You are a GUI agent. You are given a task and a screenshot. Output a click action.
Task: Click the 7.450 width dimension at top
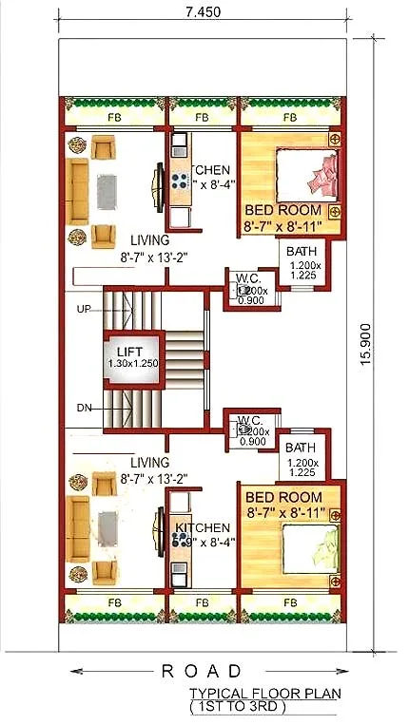pos(204,10)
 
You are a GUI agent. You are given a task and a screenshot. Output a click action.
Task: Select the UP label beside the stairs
pos(84,309)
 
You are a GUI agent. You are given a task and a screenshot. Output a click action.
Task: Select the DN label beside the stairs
pos(84,408)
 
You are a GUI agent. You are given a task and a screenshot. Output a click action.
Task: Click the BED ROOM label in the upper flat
pos(282,210)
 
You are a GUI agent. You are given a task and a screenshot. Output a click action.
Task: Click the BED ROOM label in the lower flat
pos(282,497)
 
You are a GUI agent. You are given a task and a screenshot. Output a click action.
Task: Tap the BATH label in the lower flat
pos(301,448)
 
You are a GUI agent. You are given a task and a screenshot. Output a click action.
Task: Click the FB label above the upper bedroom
pos(289,118)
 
